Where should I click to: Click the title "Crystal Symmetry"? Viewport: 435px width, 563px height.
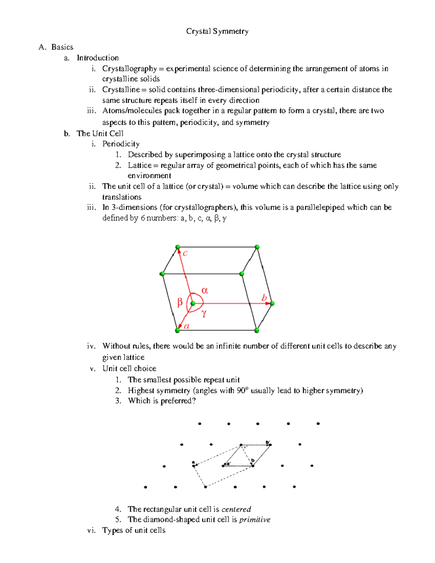click(217, 32)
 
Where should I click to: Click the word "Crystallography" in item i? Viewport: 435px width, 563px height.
click(129, 69)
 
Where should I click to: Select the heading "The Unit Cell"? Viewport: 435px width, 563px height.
click(100, 133)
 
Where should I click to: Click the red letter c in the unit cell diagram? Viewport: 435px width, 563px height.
click(185, 253)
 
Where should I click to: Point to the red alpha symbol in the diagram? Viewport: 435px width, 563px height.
click(205, 290)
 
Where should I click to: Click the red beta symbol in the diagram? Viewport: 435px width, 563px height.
click(180, 302)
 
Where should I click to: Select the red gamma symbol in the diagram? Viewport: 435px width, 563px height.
click(204, 313)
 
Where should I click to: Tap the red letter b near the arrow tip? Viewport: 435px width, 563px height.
click(264, 298)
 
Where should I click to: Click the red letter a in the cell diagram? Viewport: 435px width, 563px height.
click(187, 326)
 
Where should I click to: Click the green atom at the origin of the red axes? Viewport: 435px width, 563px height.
click(193, 303)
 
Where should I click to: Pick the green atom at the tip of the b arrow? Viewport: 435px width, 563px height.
click(272, 303)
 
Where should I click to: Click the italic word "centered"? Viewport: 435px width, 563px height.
click(236, 509)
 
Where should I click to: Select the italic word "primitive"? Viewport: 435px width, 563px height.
click(254, 519)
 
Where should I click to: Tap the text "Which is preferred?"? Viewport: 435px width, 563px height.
click(162, 401)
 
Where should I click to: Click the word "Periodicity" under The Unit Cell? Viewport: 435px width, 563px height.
click(121, 144)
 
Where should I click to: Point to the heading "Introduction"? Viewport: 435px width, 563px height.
click(98, 58)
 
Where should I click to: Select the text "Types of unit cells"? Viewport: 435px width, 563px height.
click(134, 530)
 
